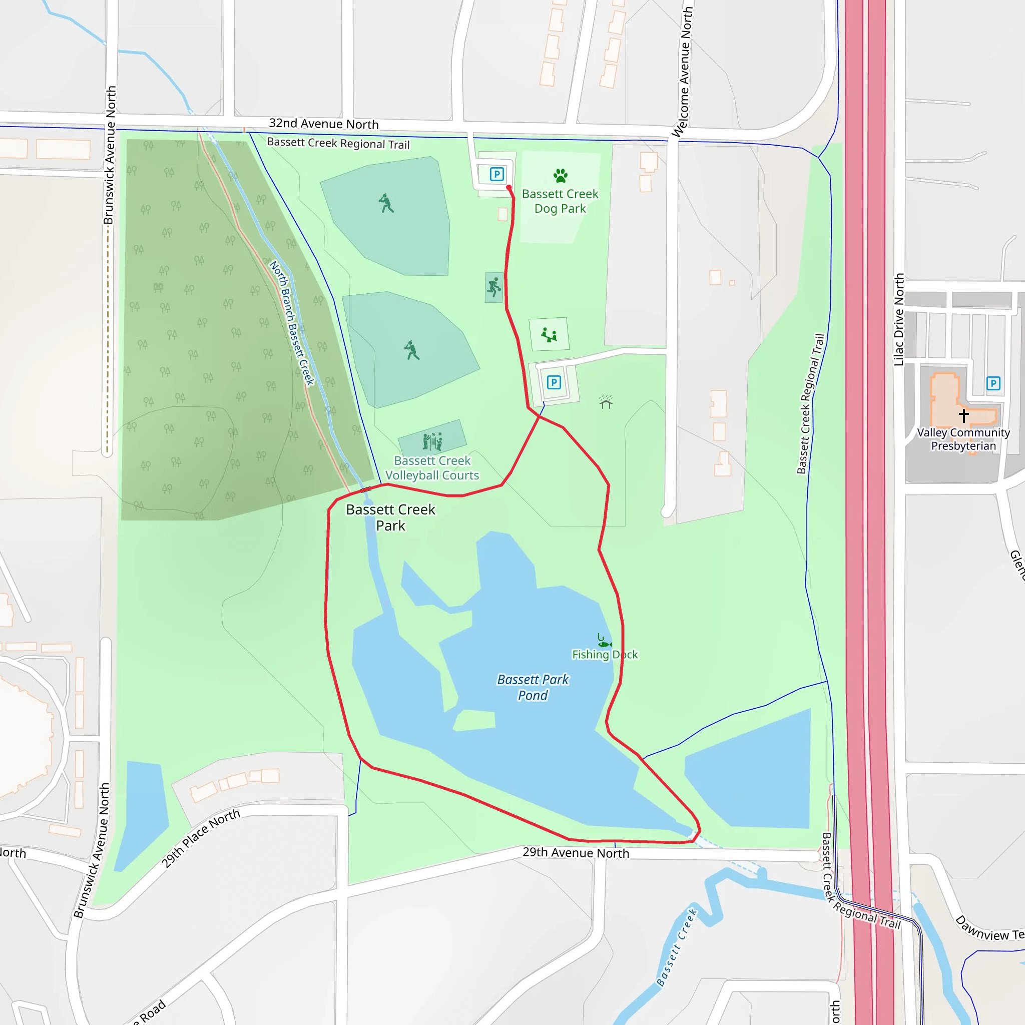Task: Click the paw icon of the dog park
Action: pyautogui.click(x=560, y=176)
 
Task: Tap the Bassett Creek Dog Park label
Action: pyautogui.click(x=560, y=201)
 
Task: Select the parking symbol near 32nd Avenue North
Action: pyautogui.click(x=496, y=174)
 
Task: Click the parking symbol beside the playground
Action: pyautogui.click(x=554, y=382)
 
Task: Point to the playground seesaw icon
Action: pyautogui.click(x=549, y=335)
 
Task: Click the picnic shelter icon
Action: pyautogui.click(x=606, y=402)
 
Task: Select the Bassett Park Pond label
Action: pyautogui.click(x=533, y=687)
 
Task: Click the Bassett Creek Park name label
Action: pyautogui.click(x=390, y=518)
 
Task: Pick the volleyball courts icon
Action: pyautogui.click(x=432, y=441)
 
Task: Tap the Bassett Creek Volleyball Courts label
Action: pyautogui.click(x=432, y=468)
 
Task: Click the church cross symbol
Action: pyautogui.click(x=963, y=415)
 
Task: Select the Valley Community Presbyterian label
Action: pyautogui.click(x=963, y=439)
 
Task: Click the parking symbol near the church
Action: pyautogui.click(x=993, y=383)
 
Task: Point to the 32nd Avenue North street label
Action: pyautogui.click(x=324, y=124)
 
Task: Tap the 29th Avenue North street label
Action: pyautogui.click(x=576, y=852)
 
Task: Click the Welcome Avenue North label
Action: pyautogui.click(x=682, y=72)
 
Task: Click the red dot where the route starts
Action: pyautogui.click(x=509, y=188)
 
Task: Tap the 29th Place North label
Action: pyautogui.click(x=201, y=838)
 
